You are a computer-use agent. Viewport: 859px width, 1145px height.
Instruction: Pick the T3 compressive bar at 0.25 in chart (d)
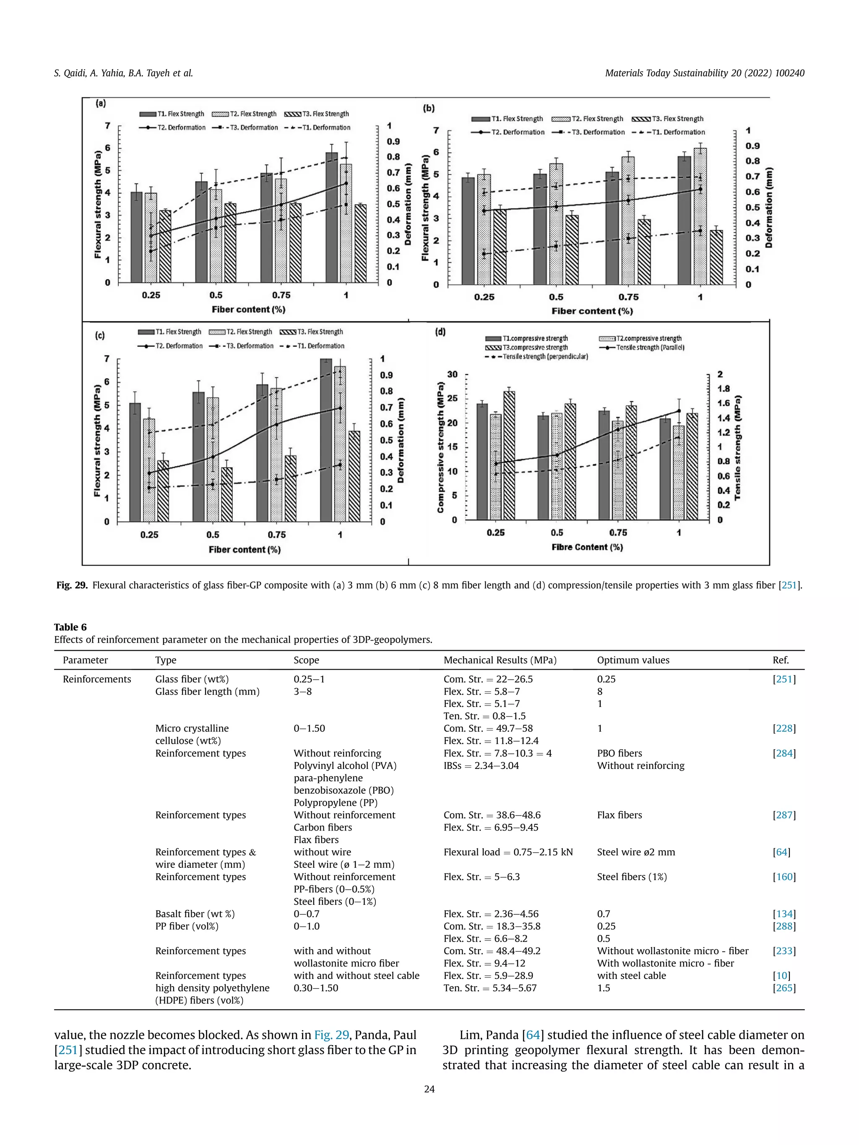pos(509,455)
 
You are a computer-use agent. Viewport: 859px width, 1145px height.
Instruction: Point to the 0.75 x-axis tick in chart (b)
pos(629,297)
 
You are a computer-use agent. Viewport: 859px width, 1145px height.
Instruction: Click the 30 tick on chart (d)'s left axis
pos(453,374)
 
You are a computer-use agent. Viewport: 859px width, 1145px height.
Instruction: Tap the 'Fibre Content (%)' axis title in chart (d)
pos(587,547)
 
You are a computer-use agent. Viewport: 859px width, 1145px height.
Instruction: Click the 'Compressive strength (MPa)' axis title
pos(441,447)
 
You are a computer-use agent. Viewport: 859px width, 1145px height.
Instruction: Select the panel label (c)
pos(100,335)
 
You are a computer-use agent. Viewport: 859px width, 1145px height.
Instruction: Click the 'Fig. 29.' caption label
pos(72,585)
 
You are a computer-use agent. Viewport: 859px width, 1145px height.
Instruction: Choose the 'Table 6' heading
pos(70,627)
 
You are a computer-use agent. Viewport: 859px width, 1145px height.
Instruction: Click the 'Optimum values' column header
pos(633,660)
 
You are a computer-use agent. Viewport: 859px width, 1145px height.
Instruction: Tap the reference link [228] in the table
pos(784,728)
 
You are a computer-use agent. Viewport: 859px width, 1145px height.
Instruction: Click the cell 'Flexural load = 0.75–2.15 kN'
pos(508,852)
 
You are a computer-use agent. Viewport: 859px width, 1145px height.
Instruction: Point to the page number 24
pos(429,1089)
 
